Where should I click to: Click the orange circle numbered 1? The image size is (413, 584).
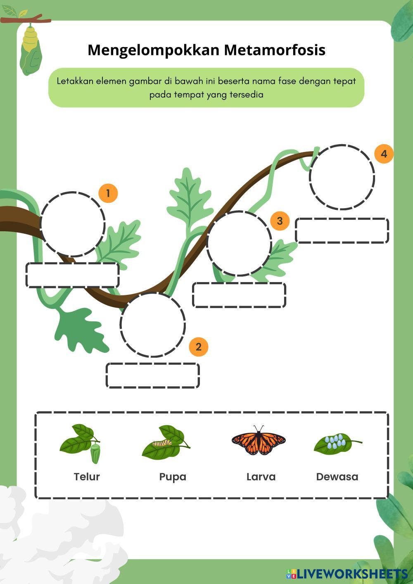point(108,193)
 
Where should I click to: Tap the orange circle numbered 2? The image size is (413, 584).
point(198,347)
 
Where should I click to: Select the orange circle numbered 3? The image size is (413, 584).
point(280,221)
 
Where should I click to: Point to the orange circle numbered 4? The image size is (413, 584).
point(384,154)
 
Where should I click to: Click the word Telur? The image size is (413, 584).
point(87,477)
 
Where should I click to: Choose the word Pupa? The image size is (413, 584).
point(173,477)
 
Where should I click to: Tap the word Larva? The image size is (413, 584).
point(261,477)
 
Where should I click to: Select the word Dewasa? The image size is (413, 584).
point(337,477)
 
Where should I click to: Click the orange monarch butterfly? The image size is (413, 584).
point(259,441)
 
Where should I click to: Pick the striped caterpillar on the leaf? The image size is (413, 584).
point(162,443)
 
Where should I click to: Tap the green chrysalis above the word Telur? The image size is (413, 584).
point(95,454)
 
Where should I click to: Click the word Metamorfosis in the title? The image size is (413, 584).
point(275,50)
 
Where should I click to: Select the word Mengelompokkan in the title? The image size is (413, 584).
point(154,51)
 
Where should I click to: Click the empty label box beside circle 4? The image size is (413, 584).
point(342,231)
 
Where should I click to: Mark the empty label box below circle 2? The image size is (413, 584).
point(152,375)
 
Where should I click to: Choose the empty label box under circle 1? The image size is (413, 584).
point(73,275)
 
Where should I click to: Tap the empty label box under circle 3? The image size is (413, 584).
point(239,295)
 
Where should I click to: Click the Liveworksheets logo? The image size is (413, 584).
point(347,574)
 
